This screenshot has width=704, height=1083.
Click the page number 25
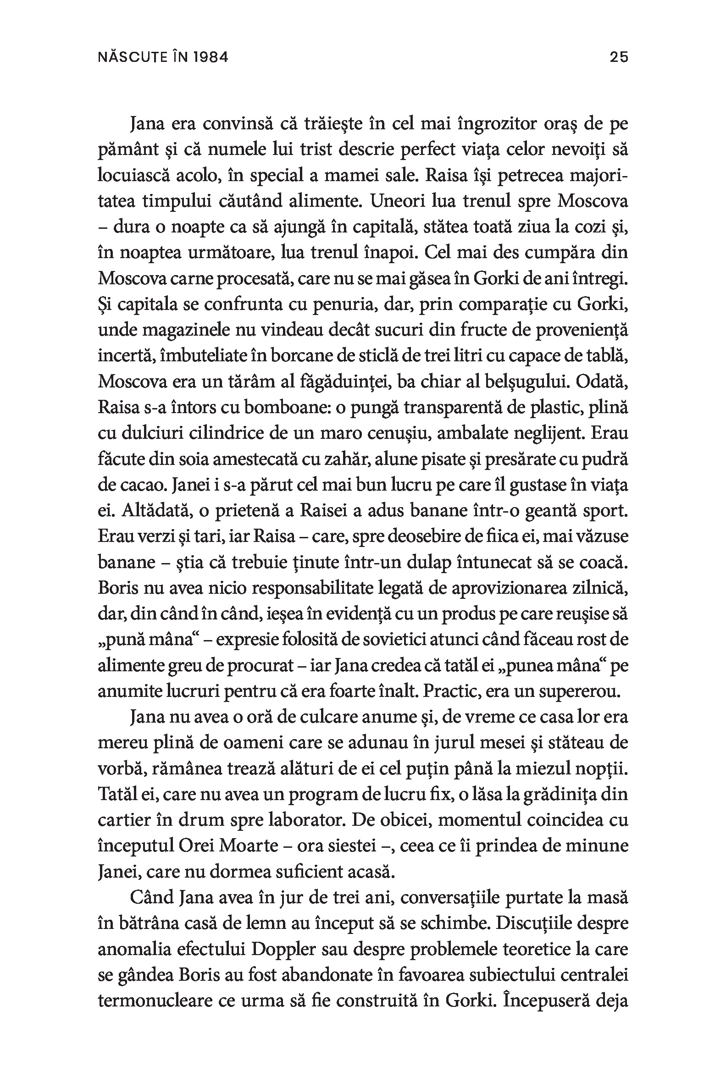click(x=618, y=58)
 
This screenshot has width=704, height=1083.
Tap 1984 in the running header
click(x=211, y=58)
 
